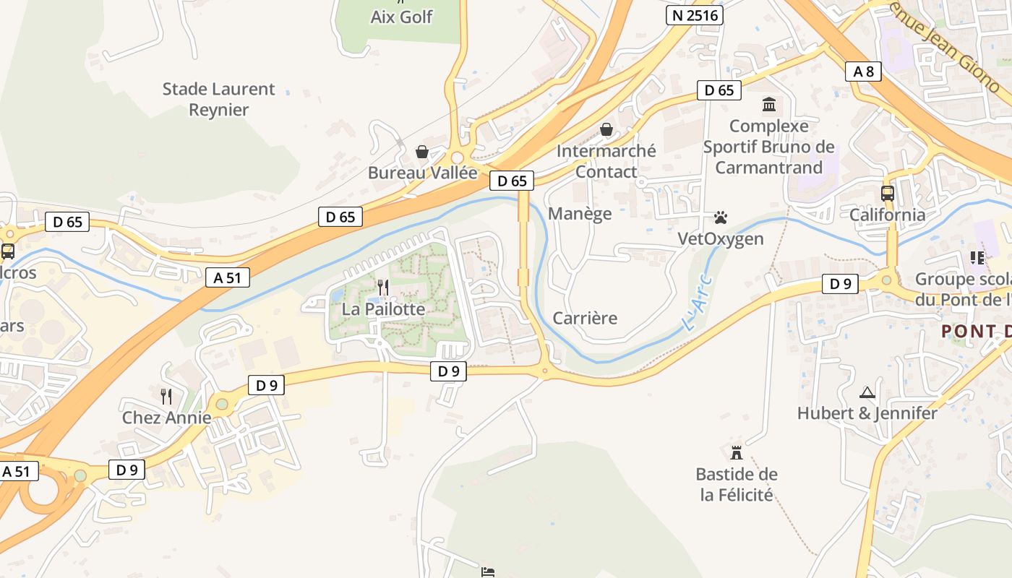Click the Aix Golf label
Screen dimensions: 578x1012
pos(401,17)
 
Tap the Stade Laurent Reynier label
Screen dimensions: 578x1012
pos(218,100)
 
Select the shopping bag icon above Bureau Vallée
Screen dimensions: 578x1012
pos(421,152)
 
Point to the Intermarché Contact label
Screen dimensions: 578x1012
pos(606,161)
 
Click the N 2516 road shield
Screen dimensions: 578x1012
pos(694,15)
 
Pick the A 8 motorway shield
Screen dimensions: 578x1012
pos(863,71)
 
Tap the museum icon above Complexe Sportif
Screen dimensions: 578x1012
pos(768,105)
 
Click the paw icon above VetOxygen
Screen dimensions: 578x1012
pos(720,217)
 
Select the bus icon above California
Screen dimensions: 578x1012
pos(887,194)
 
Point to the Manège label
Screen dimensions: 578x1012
pos(580,213)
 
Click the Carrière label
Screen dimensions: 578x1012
pos(585,318)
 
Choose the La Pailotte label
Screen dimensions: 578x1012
pos(383,309)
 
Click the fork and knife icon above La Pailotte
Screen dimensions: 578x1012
pos(383,288)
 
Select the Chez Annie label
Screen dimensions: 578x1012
pos(166,418)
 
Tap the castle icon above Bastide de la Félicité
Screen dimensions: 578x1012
pos(737,453)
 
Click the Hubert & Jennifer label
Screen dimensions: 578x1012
pos(867,413)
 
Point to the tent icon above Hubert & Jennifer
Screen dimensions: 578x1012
pos(867,392)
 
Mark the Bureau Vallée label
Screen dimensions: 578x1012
pos(422,173)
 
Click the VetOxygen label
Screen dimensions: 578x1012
pos(720,238)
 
